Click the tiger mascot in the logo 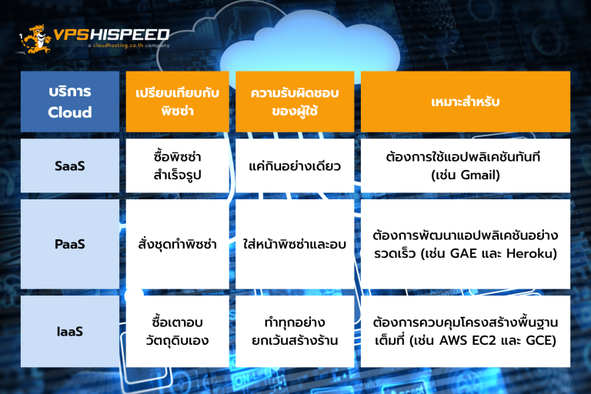pyautogui.click(x=35, y=38)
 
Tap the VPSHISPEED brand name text pyautogui.click(x=112, y=35)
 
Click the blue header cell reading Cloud pyautogui.click(x=70, y=102)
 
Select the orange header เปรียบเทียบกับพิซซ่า pyautogui.click(x=177, y=102)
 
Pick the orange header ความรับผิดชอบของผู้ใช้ pyautogui.click(x=295, y=102)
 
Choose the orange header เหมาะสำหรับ pyautogui.click(x=466, y=102)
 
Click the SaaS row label pyautogui.click(x=70, y=165)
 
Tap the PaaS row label pyautogui.click(x=70, y=244)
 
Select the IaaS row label pyautogui.click(x=70, y=332)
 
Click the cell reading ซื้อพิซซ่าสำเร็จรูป pyautogui.click(x=177, y=165)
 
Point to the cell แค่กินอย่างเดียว pyautogui.click(x=295, y=165)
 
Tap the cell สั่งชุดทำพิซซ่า pyautogui.click(x=177, y=244)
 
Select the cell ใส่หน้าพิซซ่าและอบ pyautogui.click(x=295, y=244)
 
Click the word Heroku pyautogui.click(x=529, y=253)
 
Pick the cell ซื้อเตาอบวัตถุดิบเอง pyautogui.click(x=177, y=332)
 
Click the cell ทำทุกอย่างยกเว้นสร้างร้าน pyautogui.click(x=295, y=332)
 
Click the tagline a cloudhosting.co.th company pyautogui.click(x=129, y=45)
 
